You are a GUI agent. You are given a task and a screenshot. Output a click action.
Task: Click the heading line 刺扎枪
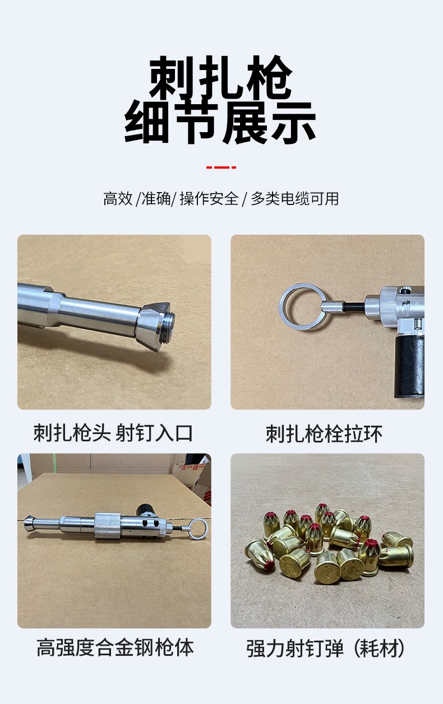point(221,77)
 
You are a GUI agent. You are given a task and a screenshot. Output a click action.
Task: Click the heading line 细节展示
point(220,123)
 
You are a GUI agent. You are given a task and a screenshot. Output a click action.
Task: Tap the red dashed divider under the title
point(221,167)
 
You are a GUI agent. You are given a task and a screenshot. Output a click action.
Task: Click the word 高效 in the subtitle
point(118,199)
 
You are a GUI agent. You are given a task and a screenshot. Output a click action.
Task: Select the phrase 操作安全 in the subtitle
point(209,199)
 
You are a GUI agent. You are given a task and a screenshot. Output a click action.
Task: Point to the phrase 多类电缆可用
point(295,199)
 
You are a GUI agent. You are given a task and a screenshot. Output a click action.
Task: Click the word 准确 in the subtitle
point(156,199)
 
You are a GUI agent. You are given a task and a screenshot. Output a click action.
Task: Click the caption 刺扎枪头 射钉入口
point(113,433)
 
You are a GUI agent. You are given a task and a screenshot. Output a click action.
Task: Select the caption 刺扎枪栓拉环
point(324,433)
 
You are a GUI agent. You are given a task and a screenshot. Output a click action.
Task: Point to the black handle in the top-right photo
point(410,366)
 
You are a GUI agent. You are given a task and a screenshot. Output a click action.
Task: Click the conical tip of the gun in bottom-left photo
point(28,523)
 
